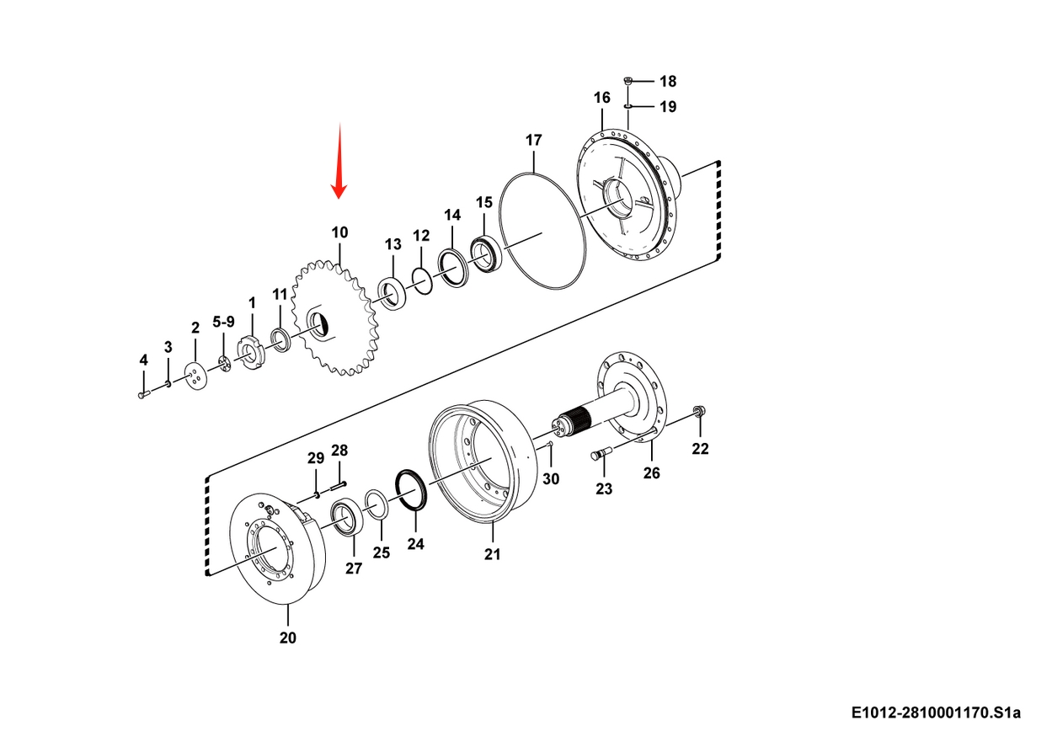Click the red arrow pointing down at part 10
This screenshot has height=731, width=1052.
(x=339, y=161)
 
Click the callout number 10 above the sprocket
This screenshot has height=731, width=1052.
(x=339, y=232)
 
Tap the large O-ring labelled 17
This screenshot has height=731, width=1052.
(x=542, y=231)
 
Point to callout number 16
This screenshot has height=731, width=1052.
(x=601, y=98)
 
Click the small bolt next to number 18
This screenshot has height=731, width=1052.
(x=627, y=81)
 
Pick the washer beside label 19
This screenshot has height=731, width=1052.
(x=627, y=107)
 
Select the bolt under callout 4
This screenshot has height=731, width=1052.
(x=144, y=395)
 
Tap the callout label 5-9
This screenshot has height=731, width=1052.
(x=223, y=322)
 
